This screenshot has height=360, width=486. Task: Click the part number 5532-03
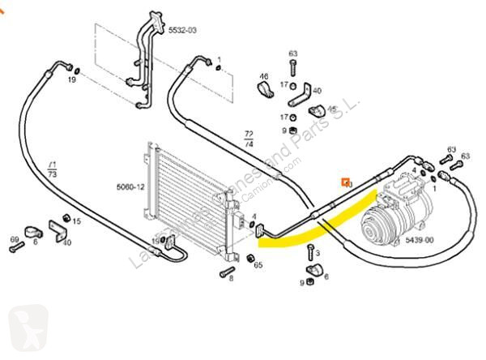[182, 30]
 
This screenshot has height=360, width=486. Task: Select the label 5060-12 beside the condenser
[131, 187]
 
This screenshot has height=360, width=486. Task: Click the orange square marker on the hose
[346, 182]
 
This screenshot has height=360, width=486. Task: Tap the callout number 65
[258, 264]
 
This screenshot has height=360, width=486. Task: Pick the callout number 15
[77, 221]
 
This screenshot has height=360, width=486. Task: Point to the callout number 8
[231, 279]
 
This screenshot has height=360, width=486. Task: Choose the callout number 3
[318, 253]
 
